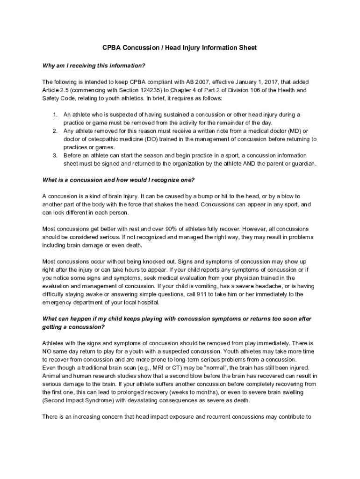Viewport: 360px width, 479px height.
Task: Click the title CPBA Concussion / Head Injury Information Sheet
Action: (180, 48)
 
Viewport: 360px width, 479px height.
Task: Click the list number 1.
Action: (55, 115)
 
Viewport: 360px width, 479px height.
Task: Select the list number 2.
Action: (55, 131)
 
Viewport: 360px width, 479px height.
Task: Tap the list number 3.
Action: (55, 155)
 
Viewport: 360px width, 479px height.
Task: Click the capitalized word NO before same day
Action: (47, 351)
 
